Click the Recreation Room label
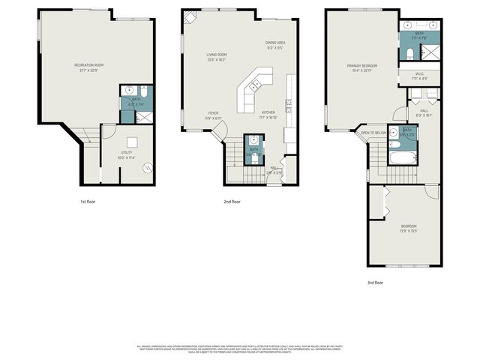tap(88, 67)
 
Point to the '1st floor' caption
tap(88, 202)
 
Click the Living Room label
tap(217, 57)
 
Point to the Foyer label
tap(213, 115)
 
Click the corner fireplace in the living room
tap(190, 16)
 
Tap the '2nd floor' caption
tap(232, 202)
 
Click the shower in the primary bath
tap(431, 52)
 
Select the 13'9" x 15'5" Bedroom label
tap(408, 229)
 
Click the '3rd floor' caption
tap(375, 283)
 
